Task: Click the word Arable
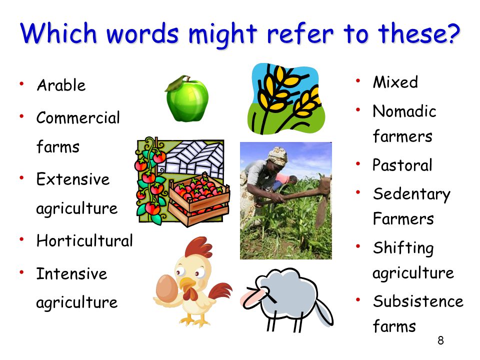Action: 61,85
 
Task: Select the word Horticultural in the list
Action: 84,240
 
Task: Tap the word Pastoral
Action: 402,165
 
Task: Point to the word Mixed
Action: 395,82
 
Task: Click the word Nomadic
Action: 404,111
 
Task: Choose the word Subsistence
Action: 418,301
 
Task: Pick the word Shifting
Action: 403,248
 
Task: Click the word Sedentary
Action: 411,194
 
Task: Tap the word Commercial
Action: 78,118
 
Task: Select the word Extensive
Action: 73,179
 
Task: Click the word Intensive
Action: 71,273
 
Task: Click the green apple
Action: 187,98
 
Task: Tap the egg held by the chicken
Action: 167,288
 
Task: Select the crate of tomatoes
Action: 199,199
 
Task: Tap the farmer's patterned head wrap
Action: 277,155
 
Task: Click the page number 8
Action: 440,340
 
